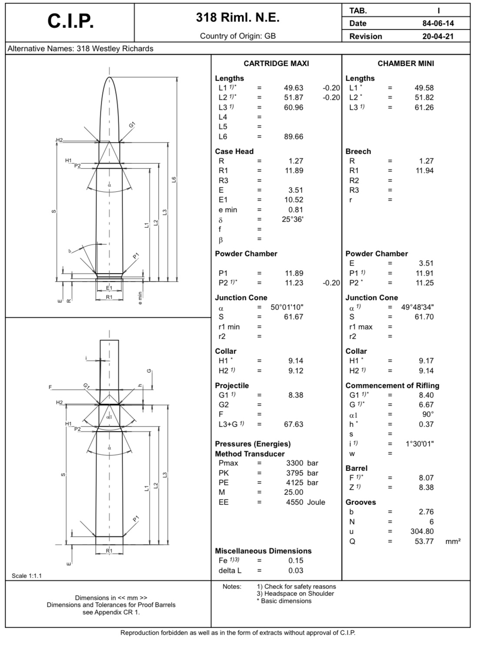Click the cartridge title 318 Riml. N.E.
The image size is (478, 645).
coord(237,17)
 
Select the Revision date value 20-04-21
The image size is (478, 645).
coord(438,36)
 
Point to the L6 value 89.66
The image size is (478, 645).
coord(294,137)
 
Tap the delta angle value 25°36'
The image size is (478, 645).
coord(292,219)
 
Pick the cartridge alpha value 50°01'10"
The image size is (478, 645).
coord(287,307)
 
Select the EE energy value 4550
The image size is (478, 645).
coord(294,502)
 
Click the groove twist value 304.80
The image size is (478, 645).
coord(422,531)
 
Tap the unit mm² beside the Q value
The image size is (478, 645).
coord(453,541)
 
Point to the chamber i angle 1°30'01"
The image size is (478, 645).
coord(419,444)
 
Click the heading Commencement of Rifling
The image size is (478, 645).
coord(392,386)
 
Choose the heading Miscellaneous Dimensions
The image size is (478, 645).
coord(263,551)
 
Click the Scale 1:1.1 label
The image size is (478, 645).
coord(27,576)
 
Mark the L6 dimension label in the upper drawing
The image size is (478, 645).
coord(174,179)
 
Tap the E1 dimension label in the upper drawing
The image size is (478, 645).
coord(109,288)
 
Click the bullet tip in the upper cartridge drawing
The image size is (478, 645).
coord(109,78)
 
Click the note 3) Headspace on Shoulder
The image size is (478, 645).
coord(295,594)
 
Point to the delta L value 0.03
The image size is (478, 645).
coord(296,571)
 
